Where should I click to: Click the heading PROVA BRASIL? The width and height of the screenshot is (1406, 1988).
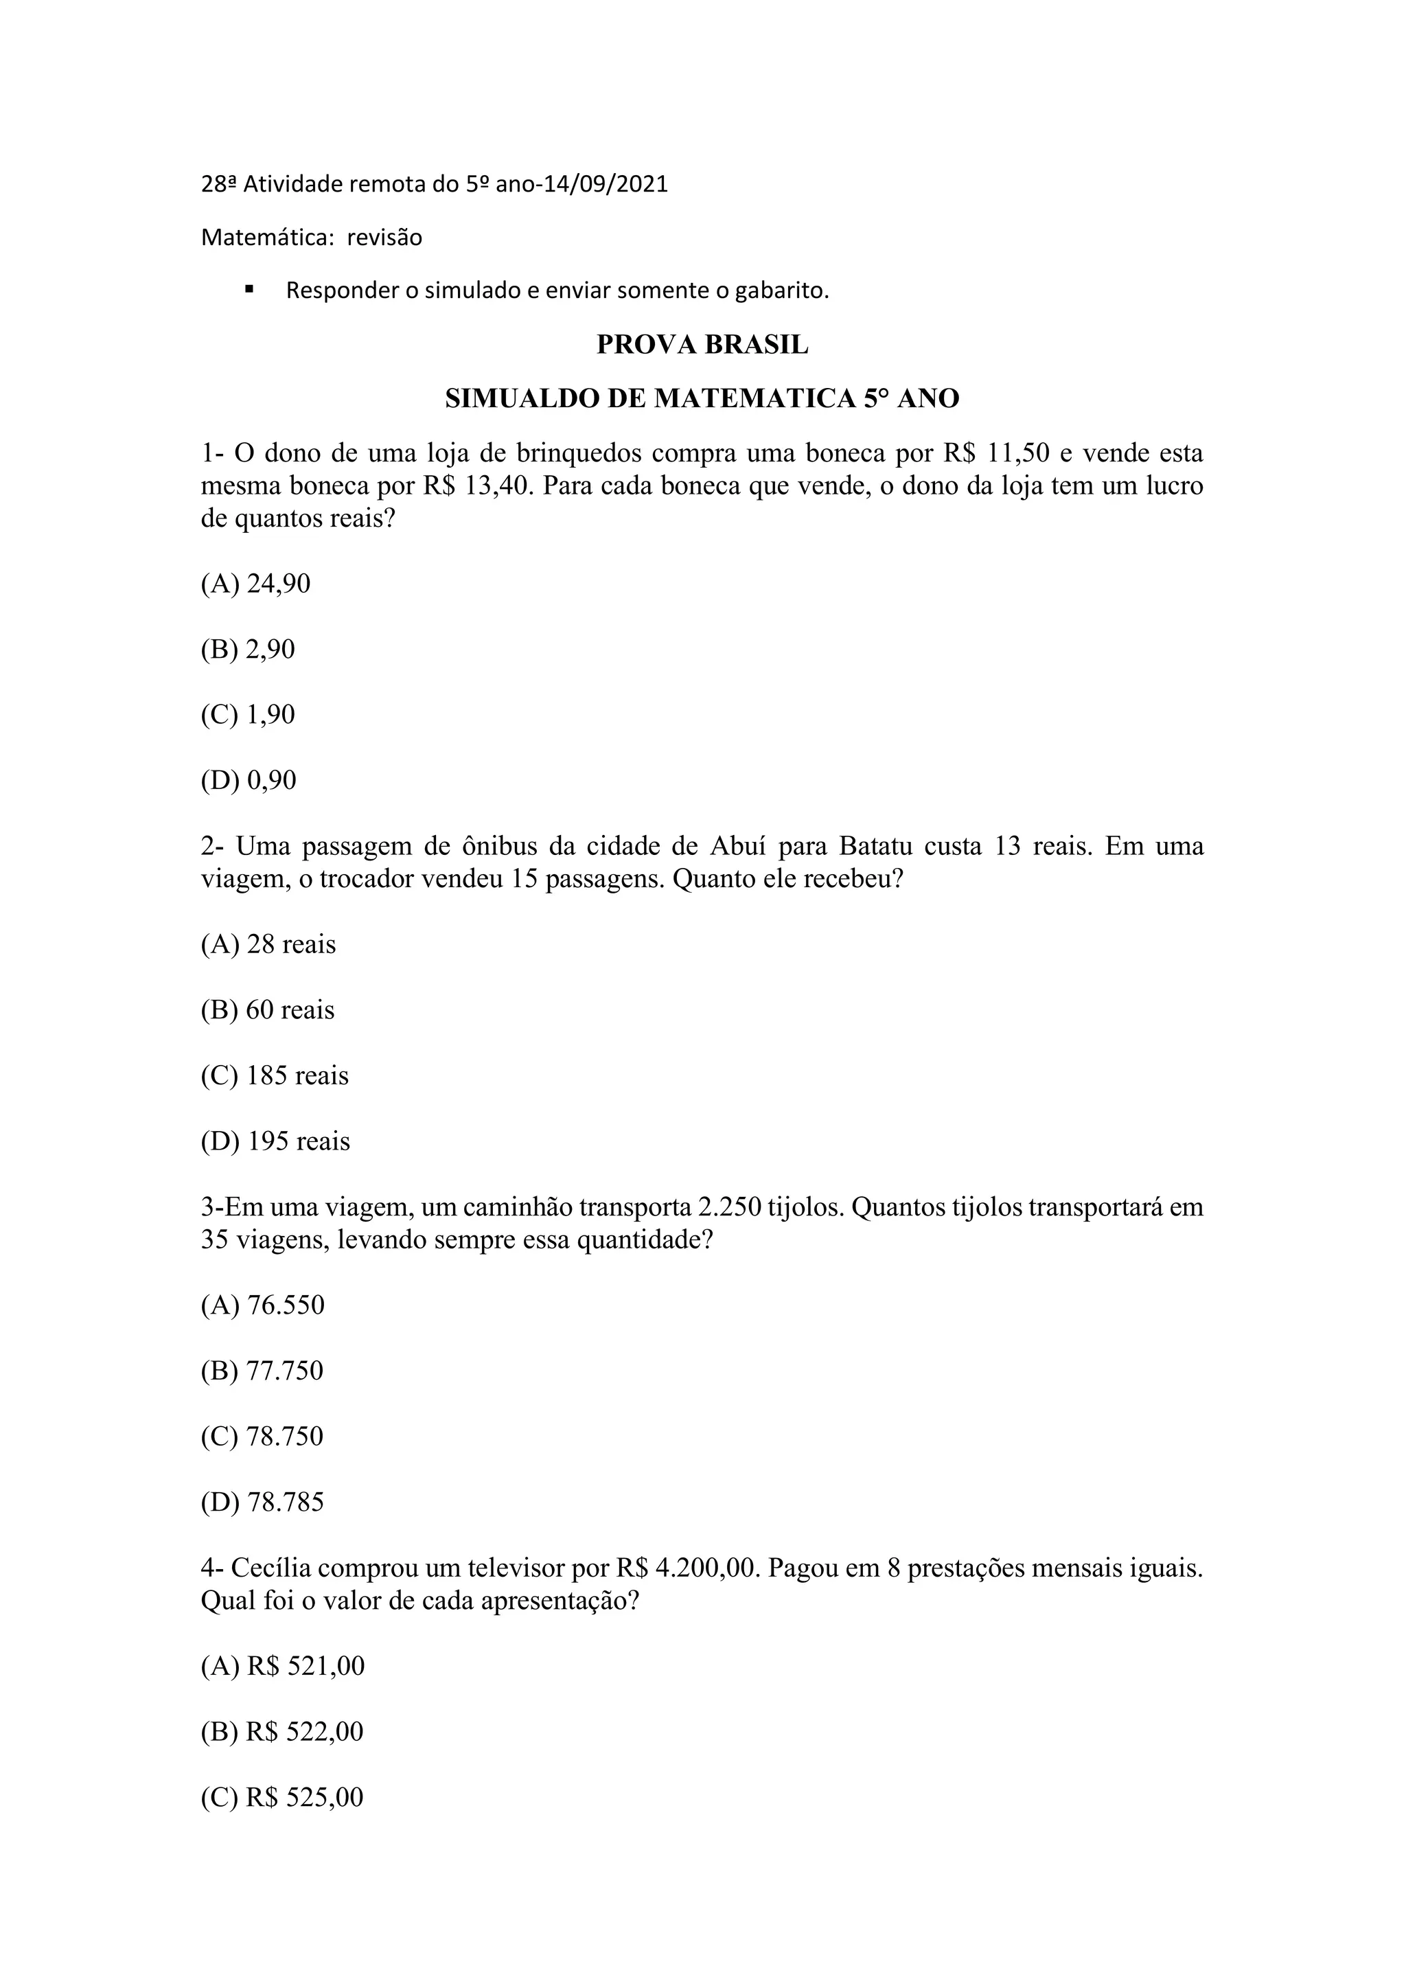point(702,345)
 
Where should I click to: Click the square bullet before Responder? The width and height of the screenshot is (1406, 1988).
point(249,289)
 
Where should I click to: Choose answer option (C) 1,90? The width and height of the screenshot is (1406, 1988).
point(248,714)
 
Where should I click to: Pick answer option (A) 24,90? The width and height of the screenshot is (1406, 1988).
point(255,584)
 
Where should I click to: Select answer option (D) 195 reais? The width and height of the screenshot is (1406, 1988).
point(275,1141)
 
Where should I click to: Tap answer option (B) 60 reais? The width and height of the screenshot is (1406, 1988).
point(268,1009)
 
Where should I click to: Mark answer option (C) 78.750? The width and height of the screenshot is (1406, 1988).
point(262,1437)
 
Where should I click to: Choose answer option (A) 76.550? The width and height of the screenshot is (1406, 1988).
point(262,1305)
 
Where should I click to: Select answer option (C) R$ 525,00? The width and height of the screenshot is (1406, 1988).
point(282,1798)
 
